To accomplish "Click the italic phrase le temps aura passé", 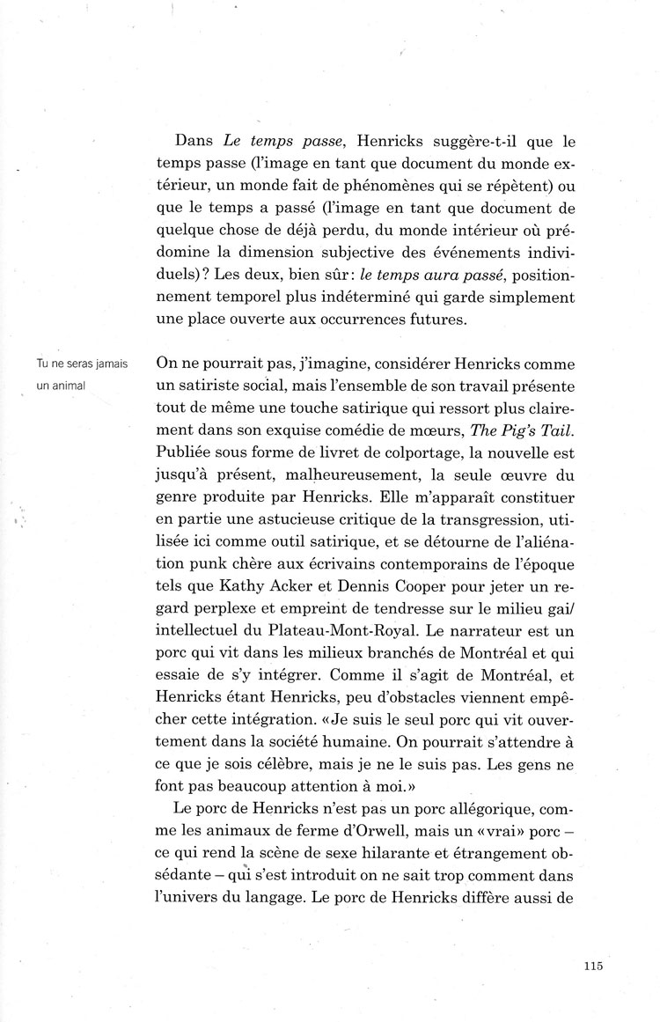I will click(x=384, y=273).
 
